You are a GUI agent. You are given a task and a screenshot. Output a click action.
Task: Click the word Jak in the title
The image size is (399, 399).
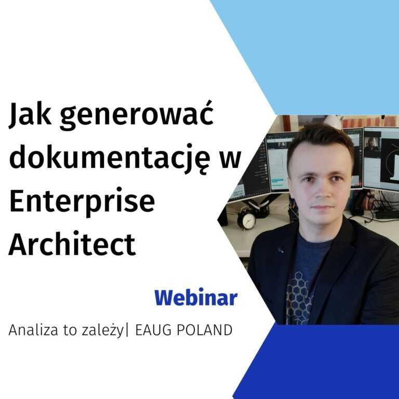tap(30, 114)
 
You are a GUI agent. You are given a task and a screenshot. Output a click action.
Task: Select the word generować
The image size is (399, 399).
tap(137, 116)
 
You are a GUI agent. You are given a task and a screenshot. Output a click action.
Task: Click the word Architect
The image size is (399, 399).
tap(72, 244)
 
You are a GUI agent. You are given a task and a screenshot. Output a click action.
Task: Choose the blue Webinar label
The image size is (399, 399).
tap(196, 298)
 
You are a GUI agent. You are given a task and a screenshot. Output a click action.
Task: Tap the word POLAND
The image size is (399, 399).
tap(204, 330)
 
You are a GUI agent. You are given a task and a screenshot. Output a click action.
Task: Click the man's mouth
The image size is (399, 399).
tap(322, 207)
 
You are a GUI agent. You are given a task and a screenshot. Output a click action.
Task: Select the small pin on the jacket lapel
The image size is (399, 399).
tap(281, 250)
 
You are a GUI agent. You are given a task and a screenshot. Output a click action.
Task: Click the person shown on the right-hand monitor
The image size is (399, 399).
tap(372, 144)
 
